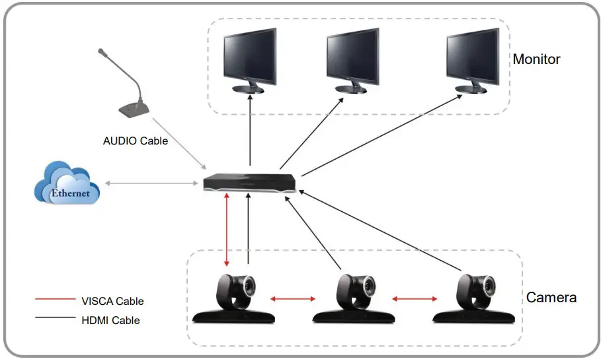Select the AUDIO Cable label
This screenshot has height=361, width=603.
coord(136,141)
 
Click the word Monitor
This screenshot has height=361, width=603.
coord(536,59)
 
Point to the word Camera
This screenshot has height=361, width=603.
coord(551,298)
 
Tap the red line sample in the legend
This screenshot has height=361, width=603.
coord(55,301)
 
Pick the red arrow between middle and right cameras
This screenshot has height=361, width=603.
coord(415,300)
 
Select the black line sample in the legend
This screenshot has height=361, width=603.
coord(55,320)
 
